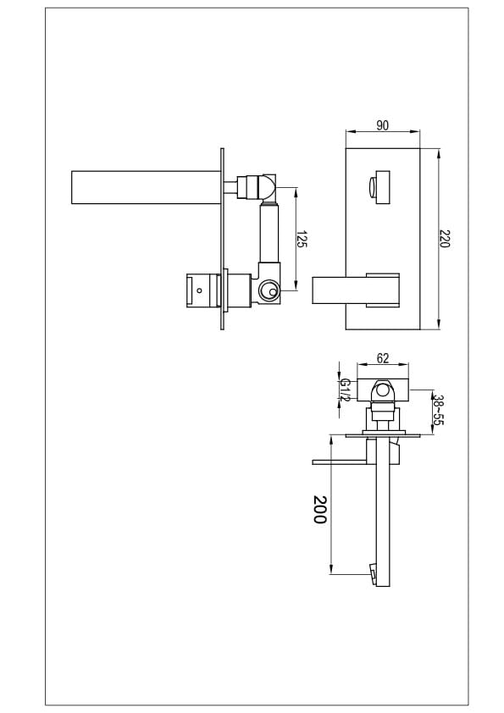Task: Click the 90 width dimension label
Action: pyautogui.click(x=383, y=125)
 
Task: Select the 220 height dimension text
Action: pyautogui.click(x=445, y=239)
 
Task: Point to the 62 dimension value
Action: pyautogui.click(x=383, y=358)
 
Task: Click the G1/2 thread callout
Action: pyautogui.click(x=345, y=390)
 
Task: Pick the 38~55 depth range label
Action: pyautogui.click(x=438, y=410)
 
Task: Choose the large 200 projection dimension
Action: pyautogui.click(x=320, y=509)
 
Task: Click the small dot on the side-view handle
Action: pyautogui.click(x=199, y=290)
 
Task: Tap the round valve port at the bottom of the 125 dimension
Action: pyautogui.click(x=268, y=290)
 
